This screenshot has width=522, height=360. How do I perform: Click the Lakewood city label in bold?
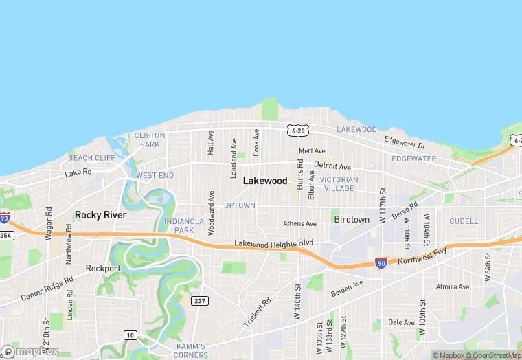pyautogui.click(x=264, y=181)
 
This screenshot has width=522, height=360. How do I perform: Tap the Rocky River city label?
pyautogui.click(x=100, y=215)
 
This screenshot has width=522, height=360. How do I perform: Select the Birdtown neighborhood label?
pyautogui.click(x=352, y=220)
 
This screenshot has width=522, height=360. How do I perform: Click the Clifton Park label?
pyautogui.click(x=147, y=140)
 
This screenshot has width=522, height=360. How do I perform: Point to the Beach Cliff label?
pyautogui.click(x=91, y=158)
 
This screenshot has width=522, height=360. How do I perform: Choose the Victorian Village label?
pyautogui.click(x=339, y=184)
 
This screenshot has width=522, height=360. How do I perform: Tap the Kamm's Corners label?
pyautogui.click(x=190, y=350)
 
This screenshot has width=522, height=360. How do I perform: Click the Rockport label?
pyautogui.click(x=103, y=268)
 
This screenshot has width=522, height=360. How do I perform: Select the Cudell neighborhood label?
pyautogui.click(x=464, y=221)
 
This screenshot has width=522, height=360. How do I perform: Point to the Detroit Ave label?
pyautogui.click(x=332, y=167)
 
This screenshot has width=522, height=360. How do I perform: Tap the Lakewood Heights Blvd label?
pyautogui.click(x=273, y=243)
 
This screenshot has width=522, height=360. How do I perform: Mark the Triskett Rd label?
pyautogui.click(x=257, y=312)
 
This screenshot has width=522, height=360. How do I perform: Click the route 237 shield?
pyautogui.click(x=199, y=301)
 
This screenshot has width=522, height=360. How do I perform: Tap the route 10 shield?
pyautogui.click(x=130, y=335)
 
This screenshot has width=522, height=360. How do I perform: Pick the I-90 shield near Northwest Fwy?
pyautogui.click(x=381, y=262)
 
